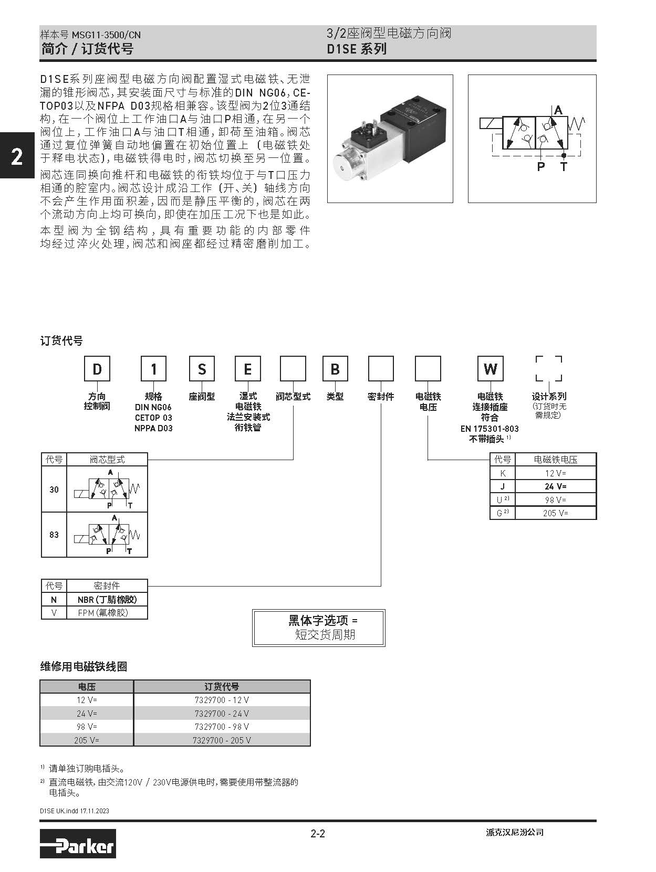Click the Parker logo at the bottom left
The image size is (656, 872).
pos(78,843)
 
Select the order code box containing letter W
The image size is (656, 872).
pos(490,369)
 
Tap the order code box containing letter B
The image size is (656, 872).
pos(335,369)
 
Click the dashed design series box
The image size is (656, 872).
pos(549,368)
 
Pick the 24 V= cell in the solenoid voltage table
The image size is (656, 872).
pos(555,486)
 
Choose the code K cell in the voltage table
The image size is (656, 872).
pos(503,473)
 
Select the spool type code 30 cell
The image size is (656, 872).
pos(54,490)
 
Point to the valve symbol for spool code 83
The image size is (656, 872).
pos(107,535)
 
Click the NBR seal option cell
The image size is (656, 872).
pos(107,599)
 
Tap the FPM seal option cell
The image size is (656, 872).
pos(107,612)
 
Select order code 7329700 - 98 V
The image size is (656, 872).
pos(222,727)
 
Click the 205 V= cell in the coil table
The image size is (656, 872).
pos(87,740)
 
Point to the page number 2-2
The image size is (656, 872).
pos(318,833)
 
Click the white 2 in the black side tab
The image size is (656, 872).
pos(17,157)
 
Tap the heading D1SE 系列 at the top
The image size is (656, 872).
pos(357,49)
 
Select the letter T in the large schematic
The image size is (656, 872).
pos(564,167)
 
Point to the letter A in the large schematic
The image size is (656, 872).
pos(558,110)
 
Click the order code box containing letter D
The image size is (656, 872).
pos(97,369)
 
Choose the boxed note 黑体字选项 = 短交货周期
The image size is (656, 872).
pos(319,628)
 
